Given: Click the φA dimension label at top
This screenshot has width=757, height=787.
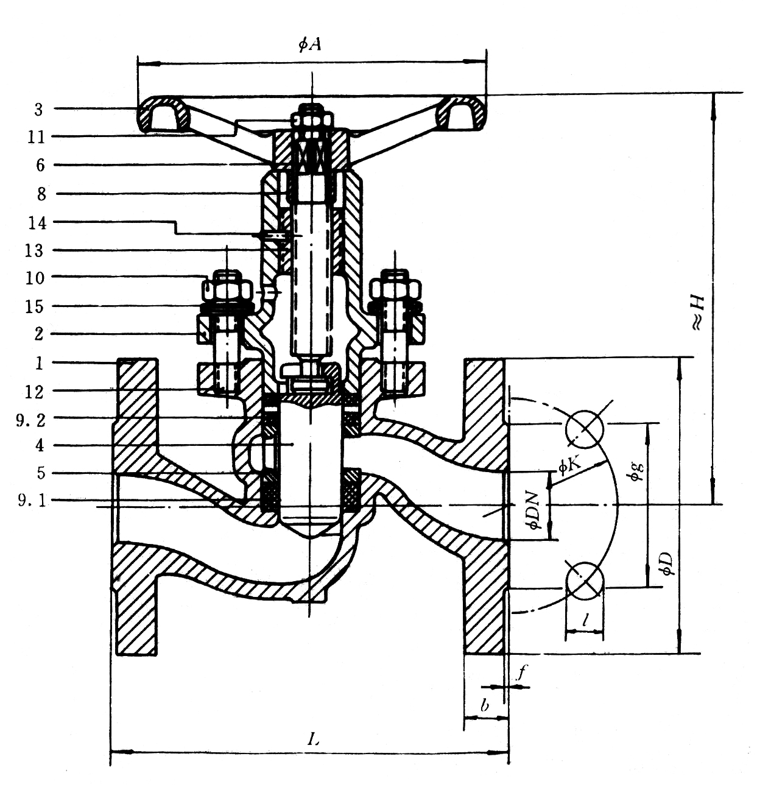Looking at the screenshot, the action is pyautogui.click(x=310, y=44).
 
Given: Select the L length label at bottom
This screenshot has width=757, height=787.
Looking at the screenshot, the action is pyautogui.click(x=313, y=739).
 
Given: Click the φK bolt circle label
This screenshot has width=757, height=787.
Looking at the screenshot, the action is pyautogui.click(x=570, y=467).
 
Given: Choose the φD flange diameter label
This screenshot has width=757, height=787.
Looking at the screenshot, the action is pyautogui.click(x=667, y=563).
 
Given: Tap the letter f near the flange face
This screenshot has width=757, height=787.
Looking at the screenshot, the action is pyautogui.click(x=522, y=672).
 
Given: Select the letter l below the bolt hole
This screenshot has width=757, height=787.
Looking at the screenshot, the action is pyautogui.click(x=585, y=619).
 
